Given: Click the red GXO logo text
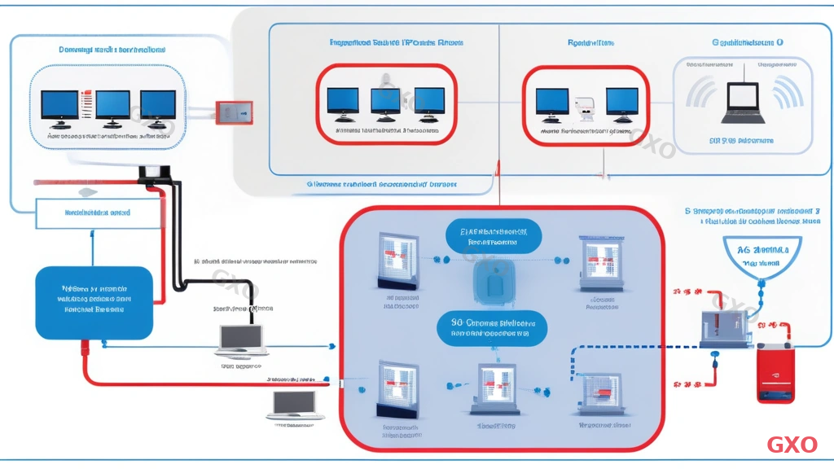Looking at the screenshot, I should tap(792, 445).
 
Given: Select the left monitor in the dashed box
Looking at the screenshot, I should tap(59, 106).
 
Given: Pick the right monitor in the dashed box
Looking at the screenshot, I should tap(158, 106).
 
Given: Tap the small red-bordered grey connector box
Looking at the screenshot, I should tap(234, 113).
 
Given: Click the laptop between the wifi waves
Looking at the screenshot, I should tap(742, 100).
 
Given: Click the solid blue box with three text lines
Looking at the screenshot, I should tap(94, 302).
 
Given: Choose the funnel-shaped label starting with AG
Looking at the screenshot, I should tap(762, 255).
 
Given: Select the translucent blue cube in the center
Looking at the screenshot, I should tap(493, 280).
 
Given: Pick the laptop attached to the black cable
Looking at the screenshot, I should tap(243, 339).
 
